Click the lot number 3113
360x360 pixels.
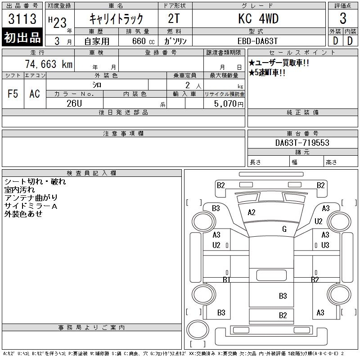pyautogui.click(x=22, y=19)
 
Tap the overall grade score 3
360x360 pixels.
pyautogui.click(x=343, y=19)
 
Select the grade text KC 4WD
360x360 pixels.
pyautogui.click(x=258, y=19)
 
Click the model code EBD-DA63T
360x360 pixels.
pyautogui.click(x=258, y=40)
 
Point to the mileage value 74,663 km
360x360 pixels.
pyautogui.click(x=49, y=64)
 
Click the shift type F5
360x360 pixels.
pyautogui.click(x=13, y=94)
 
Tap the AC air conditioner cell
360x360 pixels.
pyautogui.click(x=35, y=94)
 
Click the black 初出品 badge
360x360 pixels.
pyautogui.click(x=22, y=38)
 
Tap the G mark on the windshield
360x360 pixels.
pyautogui.click(x=284, y=229)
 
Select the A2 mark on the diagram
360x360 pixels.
pyautogui.click(x=252, y=212)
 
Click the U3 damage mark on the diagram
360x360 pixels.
pyautogui.click(x=325, y=245)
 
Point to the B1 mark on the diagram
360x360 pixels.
pyautogui.click(x=226, y=280)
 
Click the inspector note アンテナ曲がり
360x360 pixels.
pyautogui.click(x=31, y=198)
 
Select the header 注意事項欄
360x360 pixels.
pyautogui.click(x=123, y=134)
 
